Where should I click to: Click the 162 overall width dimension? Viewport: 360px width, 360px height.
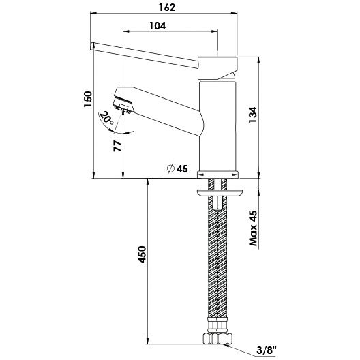point(167,7)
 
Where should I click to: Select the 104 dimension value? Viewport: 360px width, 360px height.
point(157,26)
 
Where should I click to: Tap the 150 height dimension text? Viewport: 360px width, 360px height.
point(88,99)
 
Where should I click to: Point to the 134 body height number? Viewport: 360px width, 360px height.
point(253,115)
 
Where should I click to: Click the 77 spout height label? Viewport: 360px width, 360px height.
point(117,146)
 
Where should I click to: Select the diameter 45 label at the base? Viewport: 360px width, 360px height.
point(177,169)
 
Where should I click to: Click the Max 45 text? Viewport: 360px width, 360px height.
point(253,228)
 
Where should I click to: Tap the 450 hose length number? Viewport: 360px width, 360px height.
point(142,254)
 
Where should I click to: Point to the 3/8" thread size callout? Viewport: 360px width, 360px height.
point(267,350)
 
